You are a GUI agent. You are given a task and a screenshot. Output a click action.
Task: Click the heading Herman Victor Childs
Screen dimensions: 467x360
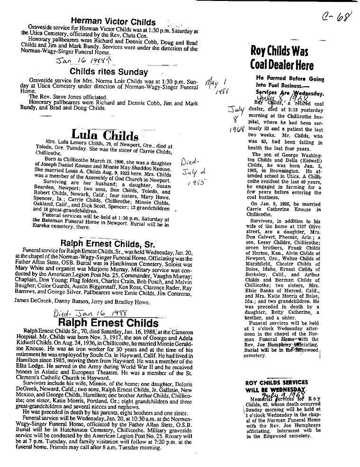coord(113,22)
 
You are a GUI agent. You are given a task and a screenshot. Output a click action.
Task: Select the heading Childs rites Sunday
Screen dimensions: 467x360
coord(108,72)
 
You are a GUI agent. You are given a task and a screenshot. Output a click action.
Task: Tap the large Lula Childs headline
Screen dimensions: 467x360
coord(105,136)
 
